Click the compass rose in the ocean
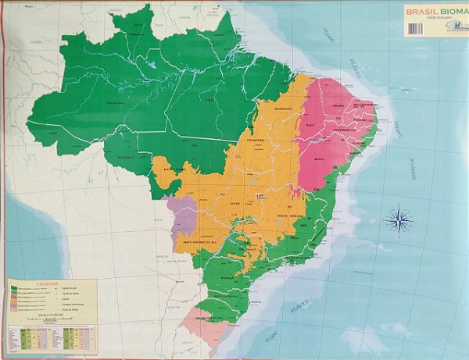click(399, 219)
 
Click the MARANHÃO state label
click(283, 109)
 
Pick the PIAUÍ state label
click(310, 124)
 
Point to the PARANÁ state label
click(227, 276)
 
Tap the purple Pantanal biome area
click(181, 219)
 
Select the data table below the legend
click(52, 338)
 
